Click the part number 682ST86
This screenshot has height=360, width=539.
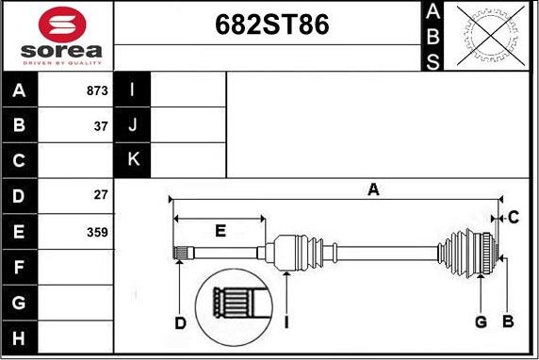272,25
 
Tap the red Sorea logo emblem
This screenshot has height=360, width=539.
62,25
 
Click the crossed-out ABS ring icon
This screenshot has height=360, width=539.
491,36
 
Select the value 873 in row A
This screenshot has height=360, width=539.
97,90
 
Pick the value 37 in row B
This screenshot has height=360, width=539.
101,126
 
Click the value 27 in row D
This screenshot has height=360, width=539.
101,195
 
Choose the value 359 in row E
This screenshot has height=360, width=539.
97,232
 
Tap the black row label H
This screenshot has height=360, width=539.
19,337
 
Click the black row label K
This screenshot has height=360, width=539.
133,159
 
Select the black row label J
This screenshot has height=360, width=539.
133,124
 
